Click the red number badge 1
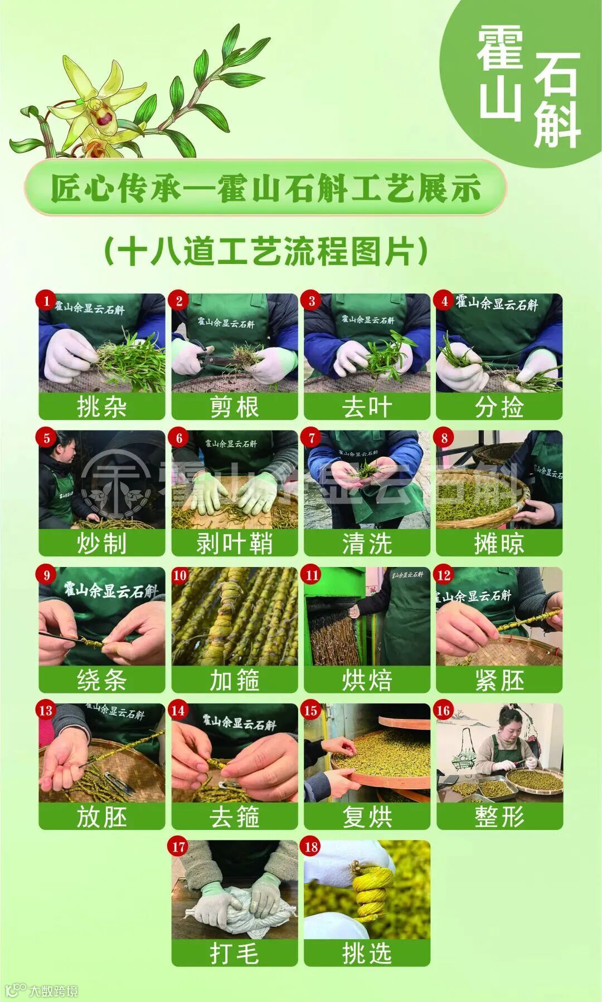pos(46,301)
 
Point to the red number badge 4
pos(444,301)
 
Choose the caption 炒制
pos(101,544)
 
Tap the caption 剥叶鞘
pos(234,544)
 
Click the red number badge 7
pos(312,438)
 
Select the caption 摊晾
pos(499,544)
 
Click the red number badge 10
pos(179,575)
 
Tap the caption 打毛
pos(234,954)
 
